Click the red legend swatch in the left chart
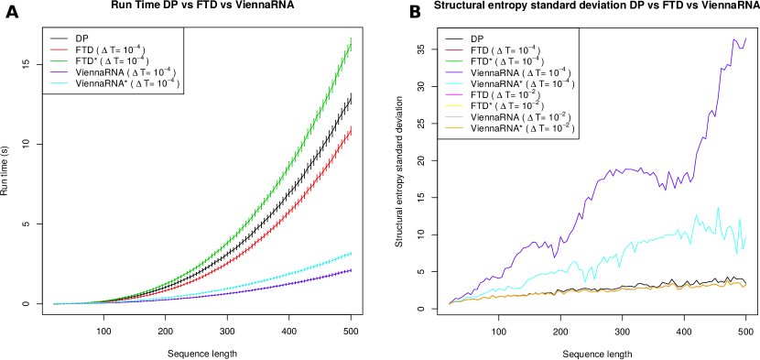click(59, 49)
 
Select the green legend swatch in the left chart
click(59, 60)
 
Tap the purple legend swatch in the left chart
click(59, 71)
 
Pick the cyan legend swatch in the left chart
click(59, 82)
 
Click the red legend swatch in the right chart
click(453, 49)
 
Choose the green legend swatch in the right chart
click(453, 60)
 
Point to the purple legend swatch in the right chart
click(453, 71)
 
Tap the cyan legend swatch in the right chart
click(453, 82)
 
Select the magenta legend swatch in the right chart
click(453, 93)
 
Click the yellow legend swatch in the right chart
click(453, 105)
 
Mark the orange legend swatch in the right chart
click(453, 127)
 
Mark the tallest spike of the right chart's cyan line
click(718, 208)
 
